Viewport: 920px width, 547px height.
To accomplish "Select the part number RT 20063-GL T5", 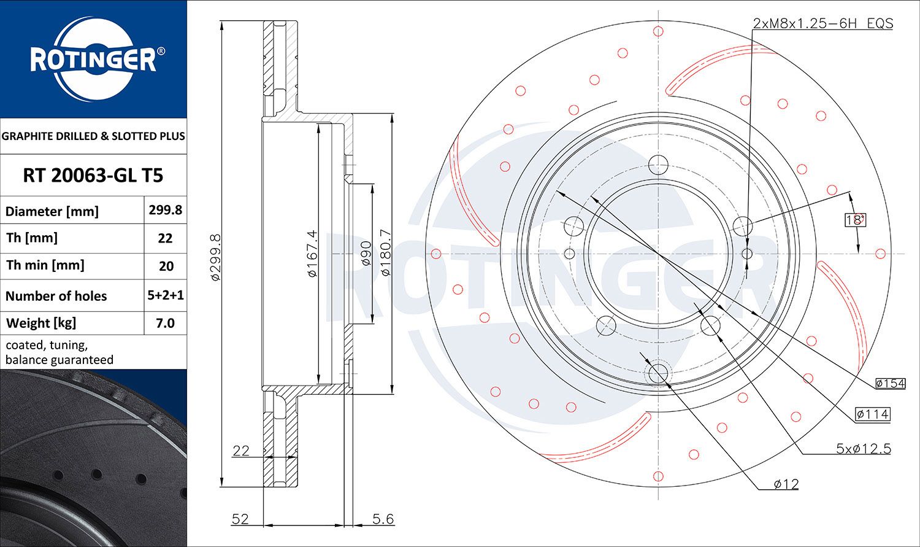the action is pos(93,176).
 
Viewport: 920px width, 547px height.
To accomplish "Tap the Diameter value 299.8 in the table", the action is pos(165,210).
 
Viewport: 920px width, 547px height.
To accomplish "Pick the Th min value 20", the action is pos(166,266).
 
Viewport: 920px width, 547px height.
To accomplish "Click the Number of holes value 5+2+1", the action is pos(166,295).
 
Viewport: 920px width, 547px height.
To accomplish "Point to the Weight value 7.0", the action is pos(165,323).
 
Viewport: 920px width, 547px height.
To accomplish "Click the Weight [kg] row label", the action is pos(41,324).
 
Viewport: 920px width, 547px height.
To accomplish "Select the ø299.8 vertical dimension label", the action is pos(216,257).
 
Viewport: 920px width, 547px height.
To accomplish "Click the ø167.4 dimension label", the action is pos(313,253).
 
